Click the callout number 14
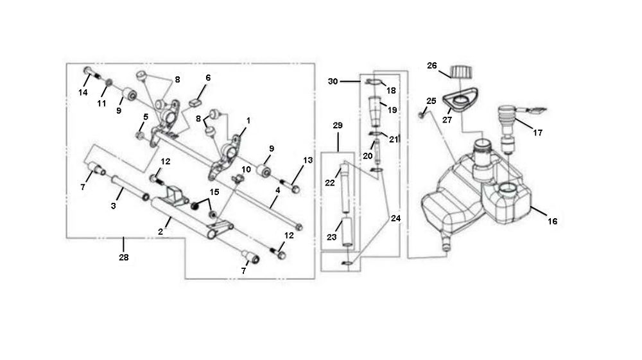pos(83,92)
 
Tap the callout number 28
pos(123,257)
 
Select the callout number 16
pos(552,221)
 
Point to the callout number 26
pos(431,65)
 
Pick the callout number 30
pos(332,81)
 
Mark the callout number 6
pos(207,78)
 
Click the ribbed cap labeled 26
pos(460,71)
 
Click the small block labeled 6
pos(197,101)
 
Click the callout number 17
pos(537,133)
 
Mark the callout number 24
pos(395,218)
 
